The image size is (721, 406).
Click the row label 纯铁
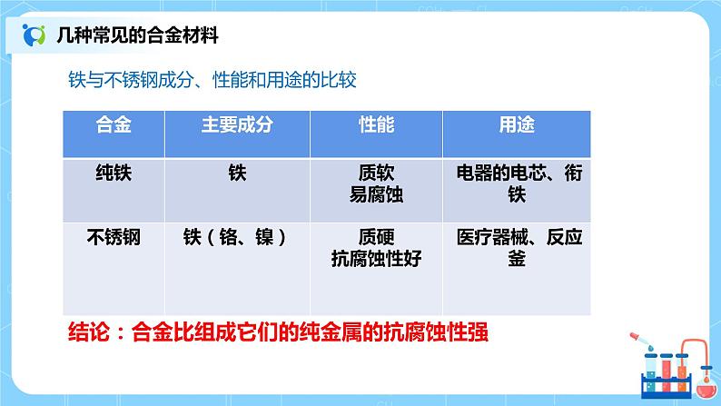(x=114, y=173)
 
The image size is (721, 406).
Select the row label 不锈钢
(x=114, y=238)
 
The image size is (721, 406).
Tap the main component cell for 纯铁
(x=237, y=173)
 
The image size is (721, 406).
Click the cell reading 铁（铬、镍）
(x=236, y=238)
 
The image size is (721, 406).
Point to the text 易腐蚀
(x=376, y=194)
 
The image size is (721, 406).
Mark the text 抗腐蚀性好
(x=376, y=259)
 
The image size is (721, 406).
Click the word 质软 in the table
(x=376, y=173)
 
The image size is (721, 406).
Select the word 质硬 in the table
(x=376, y=238)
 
